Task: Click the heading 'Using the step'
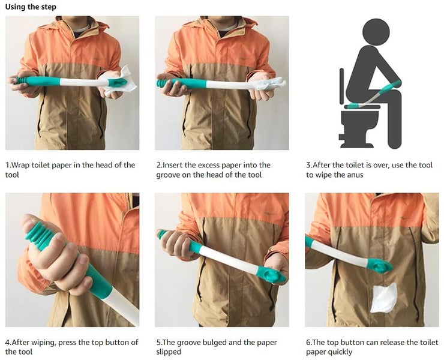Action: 32,7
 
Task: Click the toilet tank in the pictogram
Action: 343,90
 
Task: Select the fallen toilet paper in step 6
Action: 383,298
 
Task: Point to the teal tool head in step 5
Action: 271,275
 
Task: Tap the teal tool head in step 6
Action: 379,265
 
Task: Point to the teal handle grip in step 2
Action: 180,83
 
